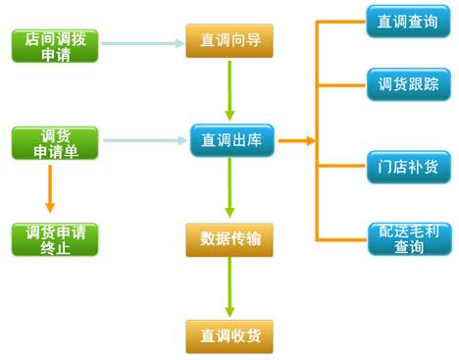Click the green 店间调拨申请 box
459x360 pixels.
point(55,45)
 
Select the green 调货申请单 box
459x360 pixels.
point(55,142)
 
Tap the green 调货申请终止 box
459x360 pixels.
point(55,239)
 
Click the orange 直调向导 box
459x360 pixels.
point(229,42)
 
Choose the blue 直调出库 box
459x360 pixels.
point(229,140)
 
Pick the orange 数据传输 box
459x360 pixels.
point(229,238)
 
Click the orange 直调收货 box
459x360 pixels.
point(229,335)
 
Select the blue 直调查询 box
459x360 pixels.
point(409,21)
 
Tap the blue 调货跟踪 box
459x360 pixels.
point(409,85)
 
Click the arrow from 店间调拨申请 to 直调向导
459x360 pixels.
point(142,43)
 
